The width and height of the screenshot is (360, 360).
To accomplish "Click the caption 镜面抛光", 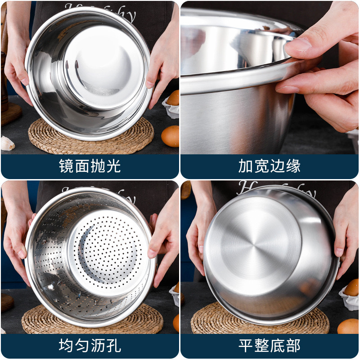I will [90, 166].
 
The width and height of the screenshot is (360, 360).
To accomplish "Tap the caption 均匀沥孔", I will [90, 346].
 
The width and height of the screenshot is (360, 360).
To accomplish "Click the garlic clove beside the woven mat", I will [7, 144].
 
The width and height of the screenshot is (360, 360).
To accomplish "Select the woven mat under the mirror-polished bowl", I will [90, 137].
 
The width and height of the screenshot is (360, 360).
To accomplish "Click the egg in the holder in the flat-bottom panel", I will [352, 288].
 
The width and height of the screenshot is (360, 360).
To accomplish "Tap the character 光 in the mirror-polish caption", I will [114, 166].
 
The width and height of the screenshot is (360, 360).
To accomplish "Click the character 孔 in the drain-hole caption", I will [114, 346].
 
